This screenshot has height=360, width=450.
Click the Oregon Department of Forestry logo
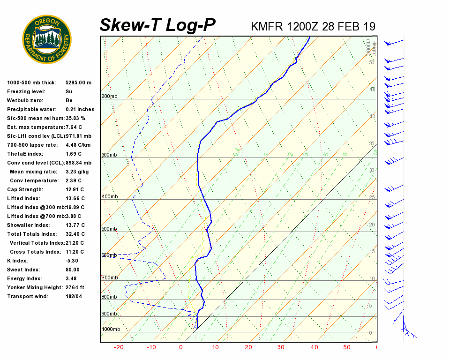(47, 39)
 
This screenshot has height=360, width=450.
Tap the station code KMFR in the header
(267, 26)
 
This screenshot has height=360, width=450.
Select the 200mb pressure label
(109, 97)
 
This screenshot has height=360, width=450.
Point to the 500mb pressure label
(109, 229)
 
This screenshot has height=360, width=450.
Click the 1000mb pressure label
(111, 330)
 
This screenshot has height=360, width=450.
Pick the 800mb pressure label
(109, 297)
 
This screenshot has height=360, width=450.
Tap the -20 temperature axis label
(119, 347)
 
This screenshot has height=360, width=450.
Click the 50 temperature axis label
(346, 347)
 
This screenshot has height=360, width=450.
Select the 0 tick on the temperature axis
(181, 347)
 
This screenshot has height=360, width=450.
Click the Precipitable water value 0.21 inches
(80, 109)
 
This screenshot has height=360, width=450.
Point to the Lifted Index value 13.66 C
(75, 198)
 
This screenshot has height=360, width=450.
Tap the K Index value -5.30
(72, 261)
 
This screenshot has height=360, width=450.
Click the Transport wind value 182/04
(74, 296)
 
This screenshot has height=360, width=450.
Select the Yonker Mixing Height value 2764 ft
(75, 287)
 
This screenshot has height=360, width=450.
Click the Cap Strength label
(25, 189)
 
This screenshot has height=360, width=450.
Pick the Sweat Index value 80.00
(73, 270)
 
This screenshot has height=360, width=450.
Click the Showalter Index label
(28, 225)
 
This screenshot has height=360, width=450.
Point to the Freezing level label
(26, 91)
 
